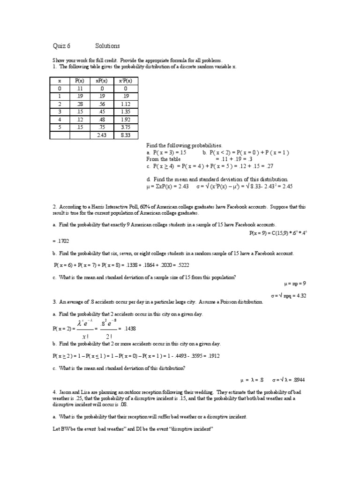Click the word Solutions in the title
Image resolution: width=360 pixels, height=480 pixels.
pos(107,46)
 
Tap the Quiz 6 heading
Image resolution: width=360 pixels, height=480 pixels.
pos(60,46)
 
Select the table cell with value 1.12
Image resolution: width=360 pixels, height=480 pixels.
pos(125,104)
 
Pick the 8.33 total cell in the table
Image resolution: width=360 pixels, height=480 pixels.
pos(125,135)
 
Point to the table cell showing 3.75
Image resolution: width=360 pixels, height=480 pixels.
pos(125,127)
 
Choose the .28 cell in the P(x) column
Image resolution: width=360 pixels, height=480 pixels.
pos(79,104)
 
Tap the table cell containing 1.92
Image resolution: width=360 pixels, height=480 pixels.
pos(125,120)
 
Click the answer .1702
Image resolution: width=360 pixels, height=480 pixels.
pos(62,241)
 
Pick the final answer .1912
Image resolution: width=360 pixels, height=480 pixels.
pos(212,356)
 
